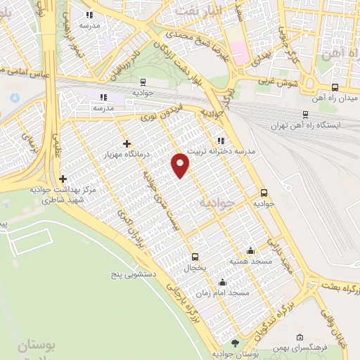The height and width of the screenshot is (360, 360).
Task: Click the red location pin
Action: click(x=181, y=163)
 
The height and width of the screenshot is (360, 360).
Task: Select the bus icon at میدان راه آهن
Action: click(x=334, y=88)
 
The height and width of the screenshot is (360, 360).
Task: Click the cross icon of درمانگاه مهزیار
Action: click(x=127, y=143)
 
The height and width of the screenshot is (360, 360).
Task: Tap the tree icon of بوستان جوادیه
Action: click(x=235, y=343)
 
